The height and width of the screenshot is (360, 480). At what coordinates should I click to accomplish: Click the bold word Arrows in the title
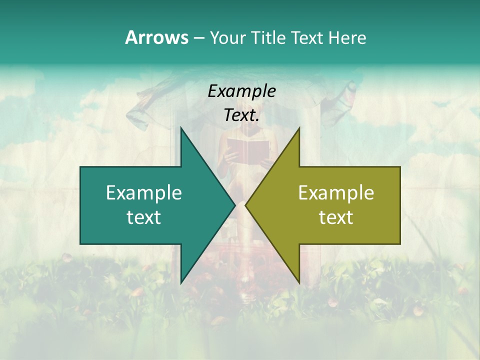pos(156,37)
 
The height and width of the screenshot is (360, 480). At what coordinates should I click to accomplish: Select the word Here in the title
pos(347,37)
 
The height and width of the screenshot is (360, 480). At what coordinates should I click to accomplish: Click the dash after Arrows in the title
pos(198,38)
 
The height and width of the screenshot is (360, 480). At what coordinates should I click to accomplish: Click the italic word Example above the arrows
pos(242,91)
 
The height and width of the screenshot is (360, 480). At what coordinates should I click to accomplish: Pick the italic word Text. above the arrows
pos(242,115)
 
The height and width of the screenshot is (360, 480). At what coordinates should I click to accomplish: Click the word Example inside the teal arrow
pos(144,193)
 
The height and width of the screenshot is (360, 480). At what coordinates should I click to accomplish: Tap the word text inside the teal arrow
pos(144,217)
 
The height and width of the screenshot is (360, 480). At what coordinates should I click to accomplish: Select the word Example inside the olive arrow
pos(336,193)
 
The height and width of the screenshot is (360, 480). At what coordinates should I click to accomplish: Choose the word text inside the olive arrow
pos(336,217)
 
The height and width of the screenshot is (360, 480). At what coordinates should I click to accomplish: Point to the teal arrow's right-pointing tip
pos(234,205)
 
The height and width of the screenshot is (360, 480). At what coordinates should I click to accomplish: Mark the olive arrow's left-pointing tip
pos(246,205)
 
